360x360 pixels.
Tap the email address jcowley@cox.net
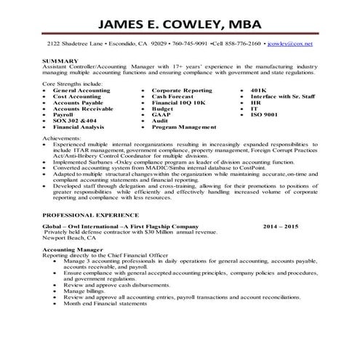click(x=289, y=44)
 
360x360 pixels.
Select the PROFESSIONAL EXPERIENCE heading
click(x=91, y=215)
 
